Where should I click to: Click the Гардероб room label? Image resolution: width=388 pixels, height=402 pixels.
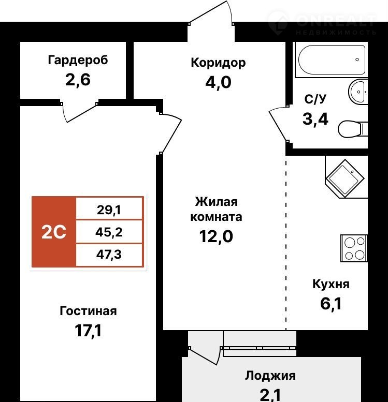click(x=78, y=61)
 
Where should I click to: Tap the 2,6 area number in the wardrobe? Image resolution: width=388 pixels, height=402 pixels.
click(x=78, y=80)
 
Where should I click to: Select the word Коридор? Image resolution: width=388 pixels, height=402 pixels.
click(x=218, y=63)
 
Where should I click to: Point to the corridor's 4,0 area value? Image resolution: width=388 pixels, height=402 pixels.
click(x=218, y=83)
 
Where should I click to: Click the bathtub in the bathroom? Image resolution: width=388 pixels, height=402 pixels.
click(x=332, y=59)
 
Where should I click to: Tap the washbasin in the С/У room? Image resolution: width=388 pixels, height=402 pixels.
click(x=358, y=92)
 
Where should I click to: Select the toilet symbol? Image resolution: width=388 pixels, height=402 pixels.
click(x=353, y=129)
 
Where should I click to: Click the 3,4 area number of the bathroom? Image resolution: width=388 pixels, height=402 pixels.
click(x=315, y=119)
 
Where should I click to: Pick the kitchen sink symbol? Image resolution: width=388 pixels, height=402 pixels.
click(x=345, y=178)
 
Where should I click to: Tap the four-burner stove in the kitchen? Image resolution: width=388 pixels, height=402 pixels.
click(x=354, y=248)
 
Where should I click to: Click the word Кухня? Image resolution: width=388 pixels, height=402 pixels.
click(x=330, y=284)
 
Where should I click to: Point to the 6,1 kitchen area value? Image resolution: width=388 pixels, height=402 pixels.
click(x=330, y=304)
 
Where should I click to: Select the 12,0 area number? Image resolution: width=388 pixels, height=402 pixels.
click(x=216, y=236)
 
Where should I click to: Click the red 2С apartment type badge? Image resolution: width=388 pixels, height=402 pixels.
click(x=54, y=232)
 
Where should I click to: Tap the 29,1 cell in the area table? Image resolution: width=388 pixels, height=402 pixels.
click(x=109, y=210)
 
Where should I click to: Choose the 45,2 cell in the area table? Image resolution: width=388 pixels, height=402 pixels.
click(x=109, y=232)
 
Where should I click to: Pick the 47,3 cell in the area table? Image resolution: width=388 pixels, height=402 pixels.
click(x=109, y=255)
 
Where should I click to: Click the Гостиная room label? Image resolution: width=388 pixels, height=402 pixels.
click(x=88, y=311)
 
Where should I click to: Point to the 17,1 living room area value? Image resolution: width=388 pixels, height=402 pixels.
click(x=88, y=331)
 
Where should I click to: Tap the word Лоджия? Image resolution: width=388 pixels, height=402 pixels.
click(x=270, y=376)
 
